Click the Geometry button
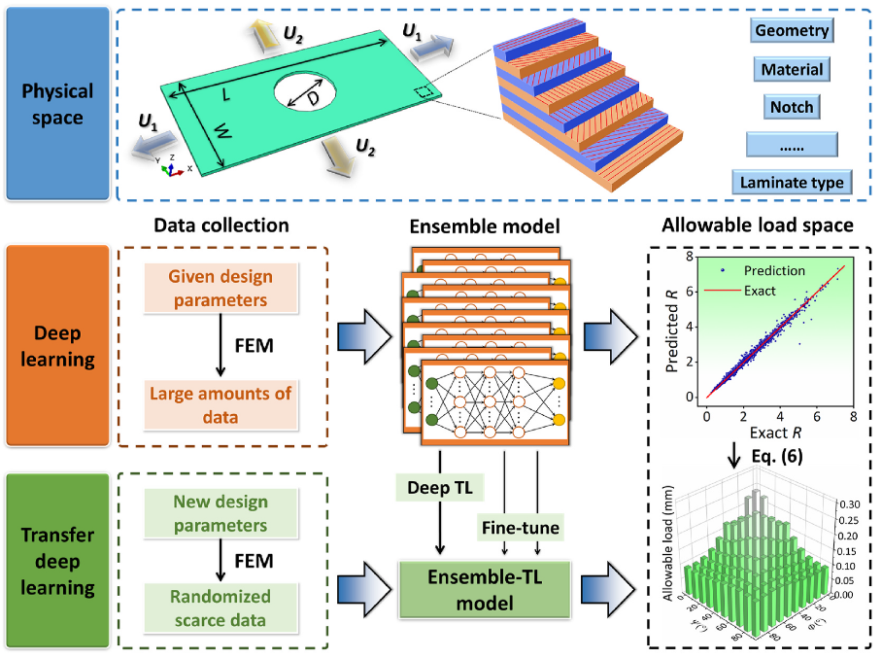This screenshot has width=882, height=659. pos(794,30)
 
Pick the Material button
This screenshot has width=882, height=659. pos(794,69)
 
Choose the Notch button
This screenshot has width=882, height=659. pos(794,106)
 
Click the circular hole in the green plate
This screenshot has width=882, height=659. pos(307,93)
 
